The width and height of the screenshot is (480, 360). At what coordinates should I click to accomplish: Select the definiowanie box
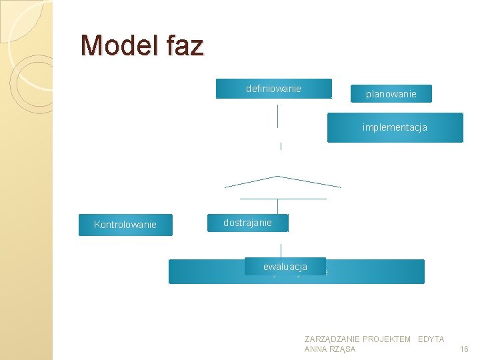[x=273, y=89]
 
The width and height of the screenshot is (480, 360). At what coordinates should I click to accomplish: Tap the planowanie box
[x=391, y=94]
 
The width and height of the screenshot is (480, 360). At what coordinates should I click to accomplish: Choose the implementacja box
[x=395, y=127]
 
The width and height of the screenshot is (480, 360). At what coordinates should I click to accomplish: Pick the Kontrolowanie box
[x=125, y=225]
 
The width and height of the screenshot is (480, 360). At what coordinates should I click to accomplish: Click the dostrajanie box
[x=247, y=223]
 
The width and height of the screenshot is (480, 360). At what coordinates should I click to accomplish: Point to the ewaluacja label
[x=285, y=267]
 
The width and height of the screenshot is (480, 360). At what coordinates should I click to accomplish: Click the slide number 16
[x=465, y=349]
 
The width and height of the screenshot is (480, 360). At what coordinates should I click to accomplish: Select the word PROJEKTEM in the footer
[x=387, y=339]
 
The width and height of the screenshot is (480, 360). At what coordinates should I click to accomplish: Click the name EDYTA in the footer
[x=431, y=339]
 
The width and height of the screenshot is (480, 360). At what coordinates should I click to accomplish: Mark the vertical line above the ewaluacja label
[x=281, y=251]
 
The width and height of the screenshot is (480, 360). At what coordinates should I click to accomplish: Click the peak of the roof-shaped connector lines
[x=278, y=177]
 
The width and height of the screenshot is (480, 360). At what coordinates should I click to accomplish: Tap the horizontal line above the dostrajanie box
[x=283, y=199]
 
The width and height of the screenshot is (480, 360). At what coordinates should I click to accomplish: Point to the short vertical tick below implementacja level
[x=281, y=146]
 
